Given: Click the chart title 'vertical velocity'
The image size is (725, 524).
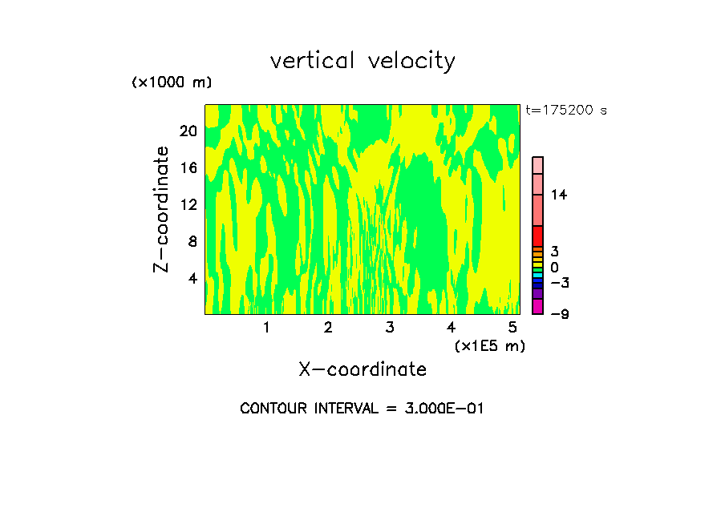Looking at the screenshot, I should (362, 61).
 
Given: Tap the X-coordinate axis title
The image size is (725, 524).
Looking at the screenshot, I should (362, 369).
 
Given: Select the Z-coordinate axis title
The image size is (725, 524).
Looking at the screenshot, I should (162, 209).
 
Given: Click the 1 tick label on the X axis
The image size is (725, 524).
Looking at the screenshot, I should (266, 327).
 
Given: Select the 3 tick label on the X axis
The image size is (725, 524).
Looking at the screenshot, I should (389, 327).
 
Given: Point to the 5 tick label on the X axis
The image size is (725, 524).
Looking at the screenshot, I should (512, 327).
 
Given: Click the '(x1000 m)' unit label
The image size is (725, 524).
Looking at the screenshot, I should (172, 83).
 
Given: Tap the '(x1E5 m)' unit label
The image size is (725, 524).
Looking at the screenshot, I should (490, 346).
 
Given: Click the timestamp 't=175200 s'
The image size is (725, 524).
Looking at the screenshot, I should (565, 111).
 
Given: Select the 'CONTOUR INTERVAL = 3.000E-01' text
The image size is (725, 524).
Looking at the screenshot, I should (362, 409).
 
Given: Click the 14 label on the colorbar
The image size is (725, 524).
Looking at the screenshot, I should (558, 195).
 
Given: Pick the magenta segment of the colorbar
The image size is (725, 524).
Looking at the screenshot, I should (537, 307).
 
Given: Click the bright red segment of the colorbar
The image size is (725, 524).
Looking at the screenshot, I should (537, 236).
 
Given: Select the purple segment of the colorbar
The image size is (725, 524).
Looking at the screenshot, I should (537, 294).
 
